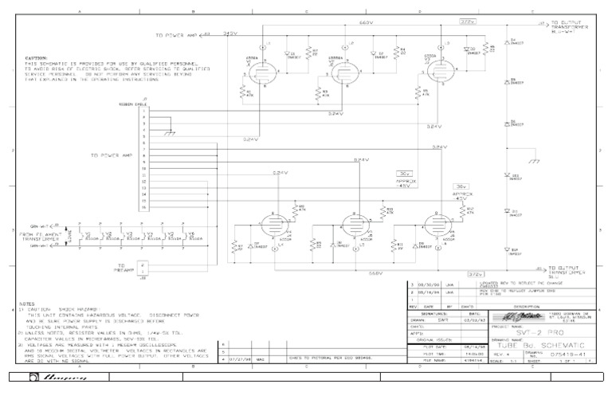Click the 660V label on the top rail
pyautogui.click(x=366, y=22)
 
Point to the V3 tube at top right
pyautogui.click(x=435, y=71)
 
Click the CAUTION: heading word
pyautogui.click(x=37, y=58)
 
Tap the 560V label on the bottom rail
pyautogui.click(x=375, y=272)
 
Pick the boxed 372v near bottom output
pyautogui.click(x=476, y=273)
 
